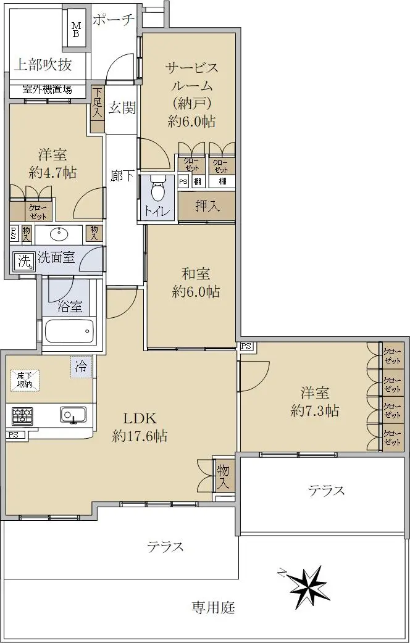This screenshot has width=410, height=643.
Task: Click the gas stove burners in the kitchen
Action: (23, 416)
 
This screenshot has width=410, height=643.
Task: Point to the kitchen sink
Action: (73, 415)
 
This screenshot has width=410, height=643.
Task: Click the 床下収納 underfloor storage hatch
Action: (25, 381)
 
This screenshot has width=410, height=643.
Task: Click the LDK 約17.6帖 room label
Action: (140, 427)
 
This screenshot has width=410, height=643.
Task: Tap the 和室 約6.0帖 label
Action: (196, 283)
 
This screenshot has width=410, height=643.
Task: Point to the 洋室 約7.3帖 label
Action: (315, 402)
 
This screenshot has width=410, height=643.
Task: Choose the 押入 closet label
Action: (207, 206)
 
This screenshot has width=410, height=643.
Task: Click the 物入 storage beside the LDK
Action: (224, 476)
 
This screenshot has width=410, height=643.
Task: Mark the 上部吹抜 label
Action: (43, 64)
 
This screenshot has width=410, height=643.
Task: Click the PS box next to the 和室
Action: (246, 346)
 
